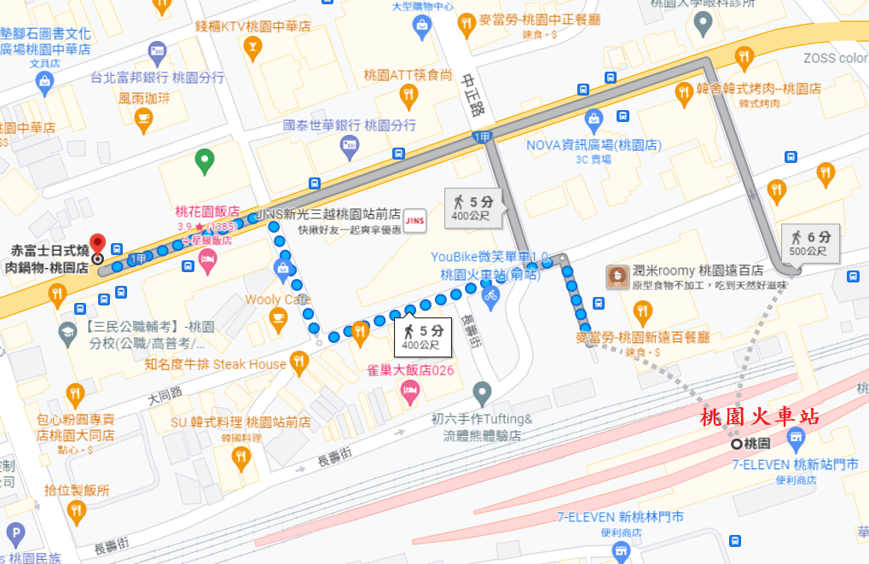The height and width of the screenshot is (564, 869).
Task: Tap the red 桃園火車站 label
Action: (x=759, y=418)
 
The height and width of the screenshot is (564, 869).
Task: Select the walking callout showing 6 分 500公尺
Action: (x=808, y=243)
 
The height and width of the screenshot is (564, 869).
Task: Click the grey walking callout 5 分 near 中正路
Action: (x=472, y=208)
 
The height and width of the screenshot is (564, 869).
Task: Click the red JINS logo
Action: (x=414, y=219)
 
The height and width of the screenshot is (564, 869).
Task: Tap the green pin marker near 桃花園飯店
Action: (x=204, y=159)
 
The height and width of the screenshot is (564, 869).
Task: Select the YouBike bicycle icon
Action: (x=490, y=296)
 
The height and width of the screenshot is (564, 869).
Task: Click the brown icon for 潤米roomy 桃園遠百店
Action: (x=617, y=276)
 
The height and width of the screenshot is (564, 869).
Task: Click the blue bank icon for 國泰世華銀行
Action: (x=350, y=148)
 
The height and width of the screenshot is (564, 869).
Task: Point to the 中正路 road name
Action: (x=472, y=95)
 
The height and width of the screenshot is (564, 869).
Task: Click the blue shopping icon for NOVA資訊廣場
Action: (x=594, y=121)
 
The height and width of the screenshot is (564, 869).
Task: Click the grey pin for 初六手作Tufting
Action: (x=483, y=393)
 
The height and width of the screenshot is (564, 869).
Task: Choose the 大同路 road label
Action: (x=165, y=395)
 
